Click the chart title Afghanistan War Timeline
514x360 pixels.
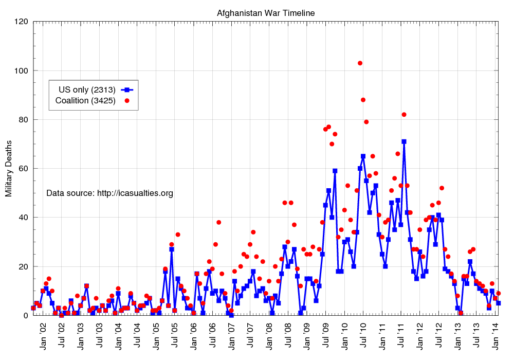point(265,13)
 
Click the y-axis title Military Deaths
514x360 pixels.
point(9,168)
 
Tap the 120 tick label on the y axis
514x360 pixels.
point(21,22)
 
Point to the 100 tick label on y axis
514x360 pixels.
point(21,70)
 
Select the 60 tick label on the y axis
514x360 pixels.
point(23,169)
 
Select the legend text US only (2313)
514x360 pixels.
point(86,89)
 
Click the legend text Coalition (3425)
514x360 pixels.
point(85,100)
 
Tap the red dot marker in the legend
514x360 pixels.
point(127,100)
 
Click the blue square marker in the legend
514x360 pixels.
point(127,89)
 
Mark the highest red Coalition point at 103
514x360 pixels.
point(360,63)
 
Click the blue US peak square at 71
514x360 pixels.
point(404,141)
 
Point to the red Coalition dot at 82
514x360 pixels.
point(404,115)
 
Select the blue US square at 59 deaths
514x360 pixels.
point(335,171)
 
